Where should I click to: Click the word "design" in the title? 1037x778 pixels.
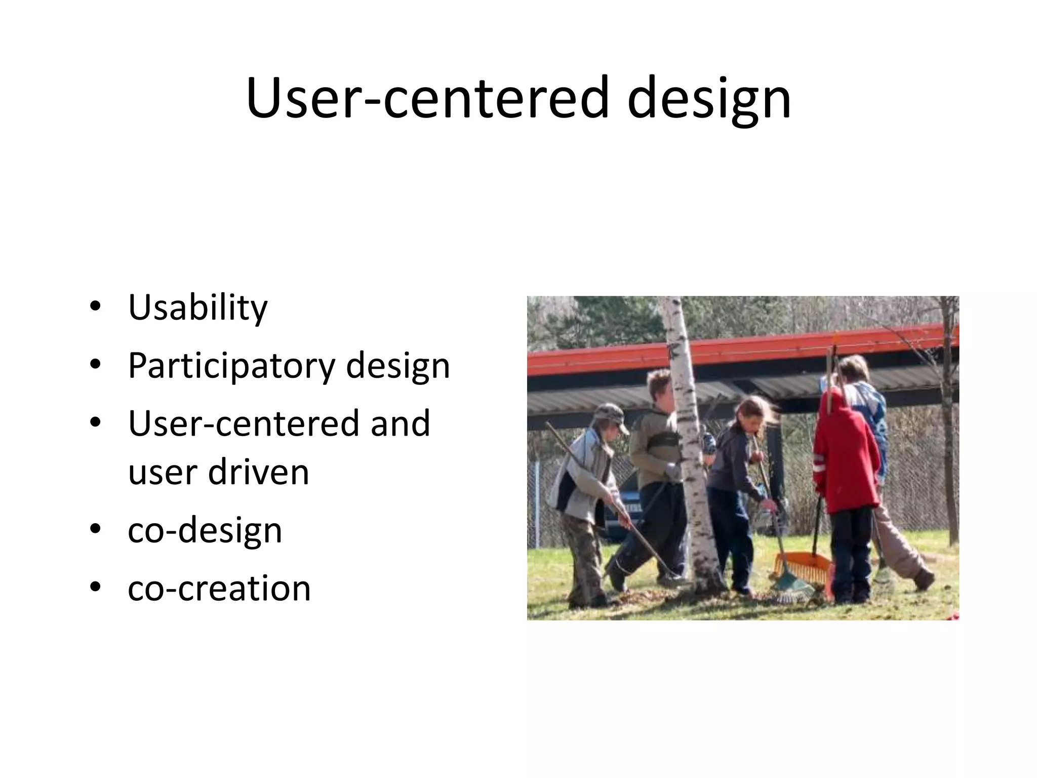point(708,99)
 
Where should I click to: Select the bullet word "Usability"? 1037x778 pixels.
point(197,307)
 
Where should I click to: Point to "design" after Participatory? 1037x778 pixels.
point(397,366)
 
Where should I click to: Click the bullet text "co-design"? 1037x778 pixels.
point(205,530)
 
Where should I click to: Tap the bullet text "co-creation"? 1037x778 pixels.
point(219,589)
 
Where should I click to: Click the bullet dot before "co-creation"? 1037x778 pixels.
point(95,588)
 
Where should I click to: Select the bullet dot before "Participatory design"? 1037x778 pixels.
point(95,365)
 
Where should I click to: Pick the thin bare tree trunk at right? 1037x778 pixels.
point(950,431)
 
